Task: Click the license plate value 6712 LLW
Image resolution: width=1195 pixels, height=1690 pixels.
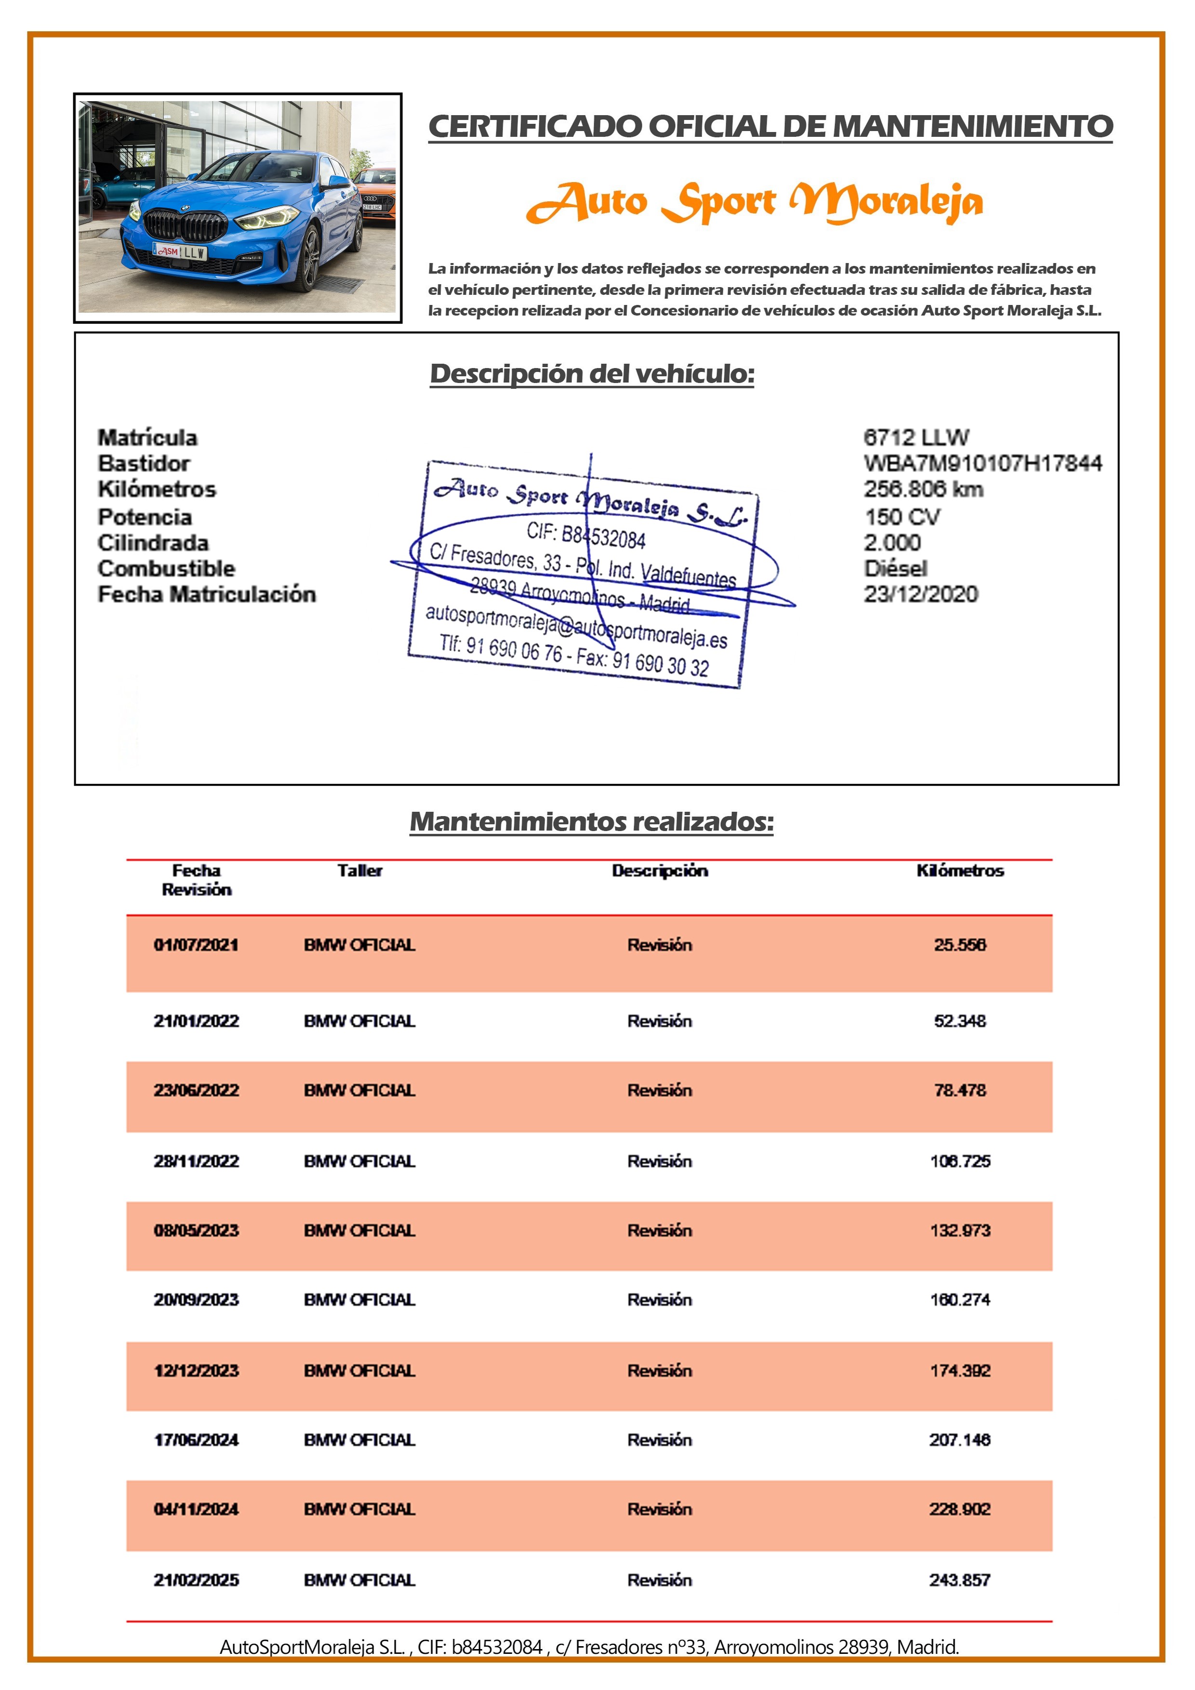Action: [916, 437]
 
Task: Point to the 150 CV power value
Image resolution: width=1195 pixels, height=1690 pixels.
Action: [902, 517]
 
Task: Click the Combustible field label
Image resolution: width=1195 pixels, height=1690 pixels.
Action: [166, 568]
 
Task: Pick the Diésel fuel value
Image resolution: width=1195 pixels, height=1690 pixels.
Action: [895, 568]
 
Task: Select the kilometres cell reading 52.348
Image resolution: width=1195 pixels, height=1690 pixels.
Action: [959, 1021]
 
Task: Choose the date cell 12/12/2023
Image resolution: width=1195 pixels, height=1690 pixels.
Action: [196, 1371]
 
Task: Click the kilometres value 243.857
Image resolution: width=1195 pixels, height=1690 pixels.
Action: [959, 1580]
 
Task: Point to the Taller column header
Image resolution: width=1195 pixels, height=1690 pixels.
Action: [359, 870]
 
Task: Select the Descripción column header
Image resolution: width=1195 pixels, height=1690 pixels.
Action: [660, 870]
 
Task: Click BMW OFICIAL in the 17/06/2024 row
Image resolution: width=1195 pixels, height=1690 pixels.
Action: [359, 1440]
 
